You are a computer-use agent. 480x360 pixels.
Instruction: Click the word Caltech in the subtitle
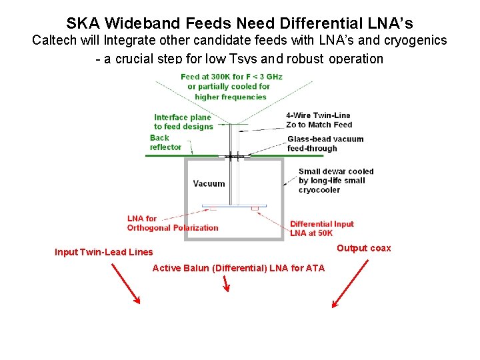click(x=54, y=41)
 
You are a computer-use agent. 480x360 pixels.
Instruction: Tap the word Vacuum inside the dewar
click(x=209, y=183)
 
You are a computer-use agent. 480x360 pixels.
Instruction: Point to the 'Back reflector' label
click(x=166, y=143)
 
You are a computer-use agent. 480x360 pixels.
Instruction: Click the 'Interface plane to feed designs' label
click(x=182, y=122)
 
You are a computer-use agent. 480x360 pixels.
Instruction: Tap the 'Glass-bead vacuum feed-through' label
click(x=325, y=143)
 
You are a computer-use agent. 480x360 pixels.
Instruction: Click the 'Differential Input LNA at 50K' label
click(x=321, y=229)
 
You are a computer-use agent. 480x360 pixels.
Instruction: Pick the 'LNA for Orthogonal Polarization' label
click(x=172, y=223)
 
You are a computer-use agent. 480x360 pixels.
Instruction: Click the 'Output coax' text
click(x=363, y=248)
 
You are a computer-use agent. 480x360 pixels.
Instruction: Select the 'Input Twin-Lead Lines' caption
click(x=103, y=252)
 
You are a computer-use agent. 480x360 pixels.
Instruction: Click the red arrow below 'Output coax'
click(x=350, y=283)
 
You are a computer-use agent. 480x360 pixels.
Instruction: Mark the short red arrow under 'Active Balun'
click(x=225, y=285)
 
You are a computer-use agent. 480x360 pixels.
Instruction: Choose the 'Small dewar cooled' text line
click(x=336, y=171)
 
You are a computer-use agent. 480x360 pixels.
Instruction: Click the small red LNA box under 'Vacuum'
click(x=255, y=209)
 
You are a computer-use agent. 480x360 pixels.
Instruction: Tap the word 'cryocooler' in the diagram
click(x=319, y=190)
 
